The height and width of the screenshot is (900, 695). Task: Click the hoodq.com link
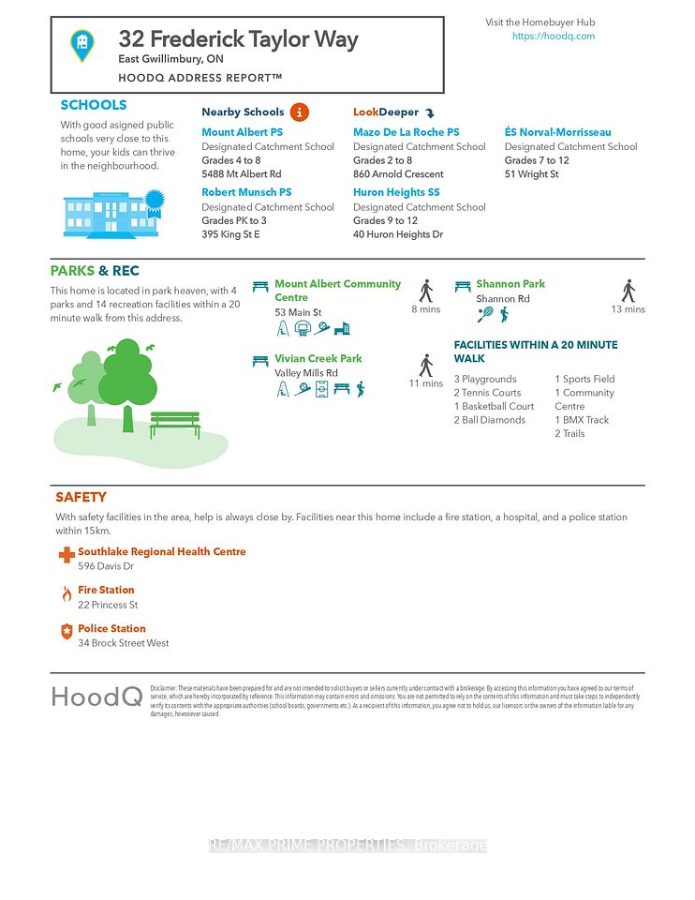[x=553, y=37]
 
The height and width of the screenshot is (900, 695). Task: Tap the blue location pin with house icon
[x=82, y=43]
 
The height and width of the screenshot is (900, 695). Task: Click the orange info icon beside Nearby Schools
[x=299, y=112]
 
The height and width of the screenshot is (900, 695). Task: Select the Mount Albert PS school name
[x=242, y=132]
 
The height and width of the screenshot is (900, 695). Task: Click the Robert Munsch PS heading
[x=246, y=192]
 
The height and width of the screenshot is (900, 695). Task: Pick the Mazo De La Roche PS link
[x=406, y=132]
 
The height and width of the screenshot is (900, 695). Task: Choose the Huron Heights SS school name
[x=396, y=192]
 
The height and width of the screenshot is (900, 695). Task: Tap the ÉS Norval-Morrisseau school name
[x=557, y=132]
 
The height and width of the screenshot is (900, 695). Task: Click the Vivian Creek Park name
[x=318, y=358]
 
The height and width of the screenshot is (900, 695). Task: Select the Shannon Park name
[x=510, y=284]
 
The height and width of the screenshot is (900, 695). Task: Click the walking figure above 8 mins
[x=426, y=290]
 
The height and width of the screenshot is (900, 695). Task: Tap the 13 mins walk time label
[x=628, y=309]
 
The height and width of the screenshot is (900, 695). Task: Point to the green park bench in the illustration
[x=174, y=424]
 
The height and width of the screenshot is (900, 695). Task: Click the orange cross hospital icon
[x=67, y=555]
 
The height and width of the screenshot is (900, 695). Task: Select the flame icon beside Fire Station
[x=67, y=594]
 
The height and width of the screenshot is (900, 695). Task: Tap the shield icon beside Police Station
[x=67, y=633]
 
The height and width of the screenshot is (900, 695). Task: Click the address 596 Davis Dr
[x=106, y=566]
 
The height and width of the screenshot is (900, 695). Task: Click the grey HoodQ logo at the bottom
[x=96, y=697]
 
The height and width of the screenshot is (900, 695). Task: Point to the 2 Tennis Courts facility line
[x=487, y=393]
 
